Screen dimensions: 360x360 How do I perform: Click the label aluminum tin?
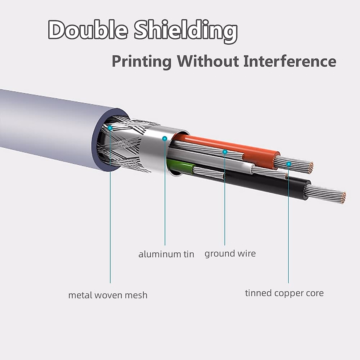pos(166,254)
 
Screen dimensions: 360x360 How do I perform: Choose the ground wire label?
pos(230,253)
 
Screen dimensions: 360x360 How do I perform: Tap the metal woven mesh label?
pos(108,295)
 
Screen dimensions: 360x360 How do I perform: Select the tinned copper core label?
pos(284,293)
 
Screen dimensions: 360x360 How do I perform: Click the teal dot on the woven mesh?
pos(110,128)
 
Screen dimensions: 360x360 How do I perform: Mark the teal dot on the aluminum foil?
pos(164,138)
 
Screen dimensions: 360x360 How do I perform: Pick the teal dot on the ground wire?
pos(225,152)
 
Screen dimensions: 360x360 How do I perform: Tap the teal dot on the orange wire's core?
pos(289,164)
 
